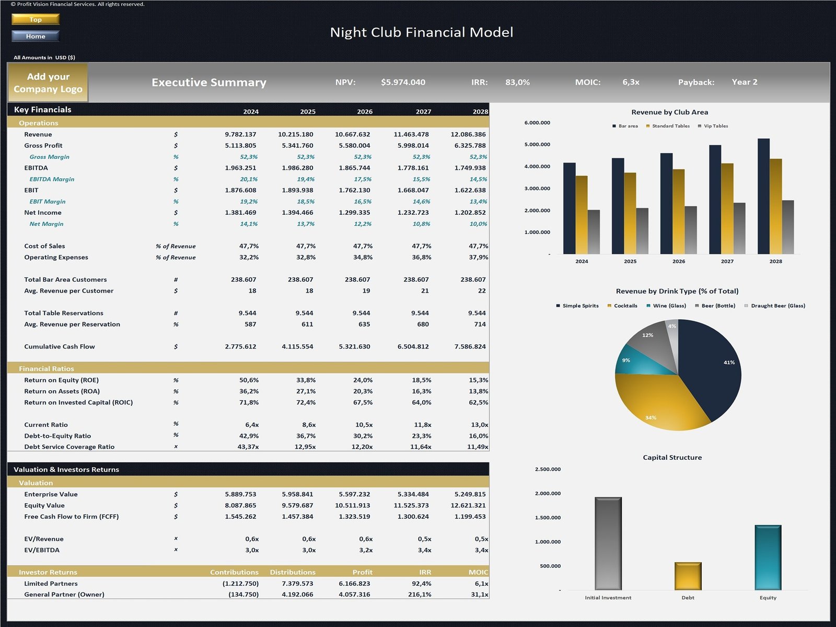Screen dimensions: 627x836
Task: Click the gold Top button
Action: pyautogui.click(x=36, y=19)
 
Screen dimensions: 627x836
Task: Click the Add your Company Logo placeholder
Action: pyautogui.click(x=48, y=83)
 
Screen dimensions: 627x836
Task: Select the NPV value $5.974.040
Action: pyautogui.click(x=403, y=82)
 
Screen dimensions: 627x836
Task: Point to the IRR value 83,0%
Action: pyautogui.click(x=517, y=82)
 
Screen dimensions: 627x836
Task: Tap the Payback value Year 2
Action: pyautogui.click(x=744, y=82)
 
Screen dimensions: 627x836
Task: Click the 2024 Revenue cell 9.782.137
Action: pyautogui.click(x=240, y=134)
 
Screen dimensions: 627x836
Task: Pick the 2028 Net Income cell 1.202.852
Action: pyautogui.click(x=470, y=213)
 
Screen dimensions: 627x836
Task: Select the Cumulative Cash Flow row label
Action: pyautogui.click(x=60, y=346)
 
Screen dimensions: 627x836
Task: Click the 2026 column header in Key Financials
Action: pyautogui.click(x=365, y=111)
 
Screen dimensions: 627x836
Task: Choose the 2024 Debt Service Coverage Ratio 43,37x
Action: pyautogui.click(x=248, y=447)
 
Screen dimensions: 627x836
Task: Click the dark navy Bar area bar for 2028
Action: pyautogui.click(x=763, y=196)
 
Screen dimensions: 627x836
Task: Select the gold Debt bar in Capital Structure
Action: pyautogui.click(x=688, y=576)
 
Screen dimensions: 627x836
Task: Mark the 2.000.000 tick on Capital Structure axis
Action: pyautogui.click(x=548, y=493)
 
